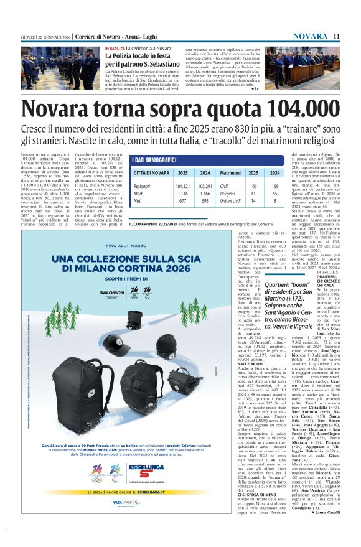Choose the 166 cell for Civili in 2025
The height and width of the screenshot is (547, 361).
tap(253, 186)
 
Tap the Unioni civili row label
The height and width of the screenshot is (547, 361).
tap(232, 201)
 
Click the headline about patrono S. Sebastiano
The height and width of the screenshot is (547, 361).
tap(138, 60)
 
